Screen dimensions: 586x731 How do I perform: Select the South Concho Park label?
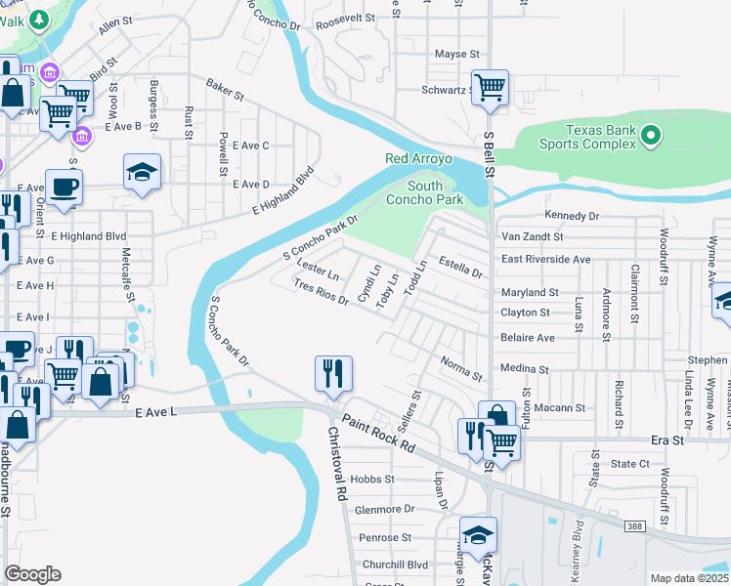(x=435, y=192)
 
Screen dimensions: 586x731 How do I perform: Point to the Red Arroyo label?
(x=418, y=158)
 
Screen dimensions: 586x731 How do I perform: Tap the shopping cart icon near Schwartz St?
(x=490, y=88)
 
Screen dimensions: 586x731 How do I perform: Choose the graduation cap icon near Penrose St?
(x=478, y=535)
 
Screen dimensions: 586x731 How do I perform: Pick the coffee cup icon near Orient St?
(x=64, y=188)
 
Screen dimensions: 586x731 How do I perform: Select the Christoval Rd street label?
(x=337, y=464)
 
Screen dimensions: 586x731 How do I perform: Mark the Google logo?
(x=32, y=574)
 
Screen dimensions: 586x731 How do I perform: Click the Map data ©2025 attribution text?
(x=689, y=578)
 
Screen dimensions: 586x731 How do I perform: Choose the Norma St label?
(x=461, y=369)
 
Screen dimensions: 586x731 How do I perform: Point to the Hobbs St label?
(x=374, y=480)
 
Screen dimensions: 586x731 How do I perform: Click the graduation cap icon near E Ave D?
(x=142, y=173)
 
